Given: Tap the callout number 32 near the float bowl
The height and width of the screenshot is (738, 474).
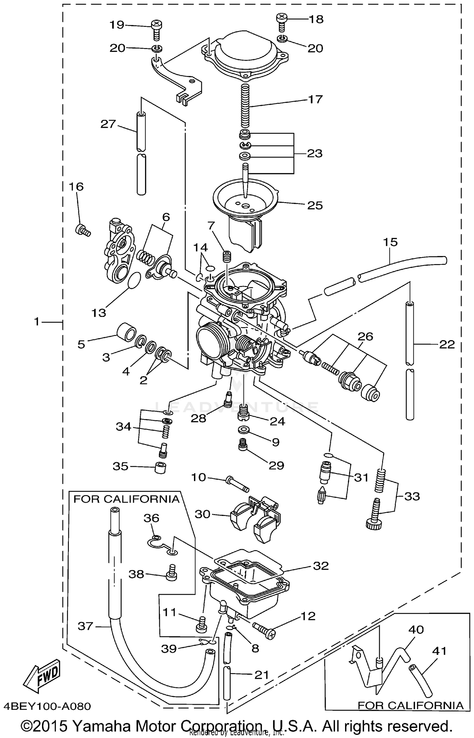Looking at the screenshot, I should pos(320,566).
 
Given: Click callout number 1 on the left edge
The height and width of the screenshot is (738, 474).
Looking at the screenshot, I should pos(37,322).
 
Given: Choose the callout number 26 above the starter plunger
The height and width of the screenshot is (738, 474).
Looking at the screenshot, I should pos(365,336).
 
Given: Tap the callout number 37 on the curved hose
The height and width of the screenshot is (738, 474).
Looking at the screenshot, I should pos(85,626).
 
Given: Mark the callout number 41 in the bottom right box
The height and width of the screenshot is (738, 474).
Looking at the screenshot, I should pos(439,651).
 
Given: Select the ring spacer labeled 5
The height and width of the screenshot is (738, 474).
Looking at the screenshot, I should pos(126,333).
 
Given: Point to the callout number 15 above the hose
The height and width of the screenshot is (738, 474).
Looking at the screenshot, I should pos(390,242).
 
